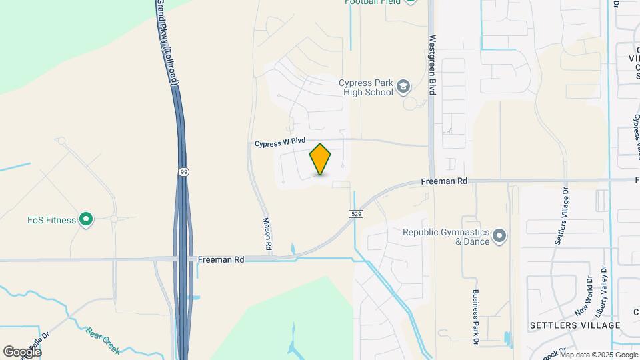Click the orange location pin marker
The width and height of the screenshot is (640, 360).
[x=320, y=159]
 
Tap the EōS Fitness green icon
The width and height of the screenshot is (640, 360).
[x=86, y=219]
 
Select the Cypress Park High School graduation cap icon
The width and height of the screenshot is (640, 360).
[x=403, y=86]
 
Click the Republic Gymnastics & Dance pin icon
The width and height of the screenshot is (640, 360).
[x=499, y=237]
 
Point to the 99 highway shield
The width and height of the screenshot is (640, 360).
[x=183, y=172]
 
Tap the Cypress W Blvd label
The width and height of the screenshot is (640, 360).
[x=279, y=142]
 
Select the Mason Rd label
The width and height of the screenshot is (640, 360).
[x=267, y=234]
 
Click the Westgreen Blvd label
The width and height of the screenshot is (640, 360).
[x=432, y=64]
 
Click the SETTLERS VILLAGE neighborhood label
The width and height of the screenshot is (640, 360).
[x=575, y=325]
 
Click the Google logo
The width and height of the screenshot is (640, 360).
[x=22, y=351]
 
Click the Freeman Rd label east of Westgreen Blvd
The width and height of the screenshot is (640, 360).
[x=443, y=181]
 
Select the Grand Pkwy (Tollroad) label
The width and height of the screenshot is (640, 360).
[x=168, y=41]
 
